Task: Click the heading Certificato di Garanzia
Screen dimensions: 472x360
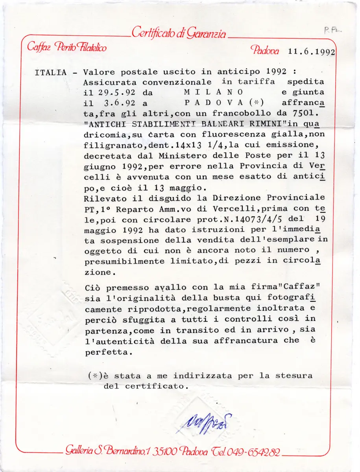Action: click(x=179, y=33)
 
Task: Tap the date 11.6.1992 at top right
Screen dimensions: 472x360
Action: click(x=311, y=52)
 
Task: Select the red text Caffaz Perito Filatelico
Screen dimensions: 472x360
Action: click(x=67, y=47)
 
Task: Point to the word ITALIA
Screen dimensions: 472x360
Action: click(x=51, y=72)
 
